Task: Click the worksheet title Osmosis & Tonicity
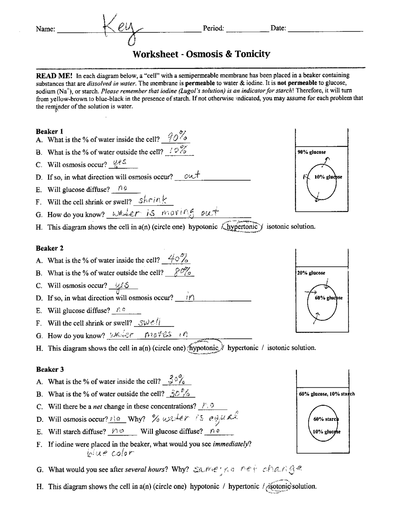point(201,54)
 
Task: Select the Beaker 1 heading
point(49,131)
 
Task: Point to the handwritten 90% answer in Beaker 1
point(177,137)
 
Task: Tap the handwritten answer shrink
point(153,200)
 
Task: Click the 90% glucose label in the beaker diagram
point(311,152)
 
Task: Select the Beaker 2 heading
point(49,248)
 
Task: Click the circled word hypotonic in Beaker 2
point(204,348)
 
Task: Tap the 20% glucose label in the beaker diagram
point(311,273)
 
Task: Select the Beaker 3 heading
point(50,369)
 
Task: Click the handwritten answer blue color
point(110,453)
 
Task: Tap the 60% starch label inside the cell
point(326,419)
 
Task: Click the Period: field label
point(213,28)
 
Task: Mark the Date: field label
point(278,28)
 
